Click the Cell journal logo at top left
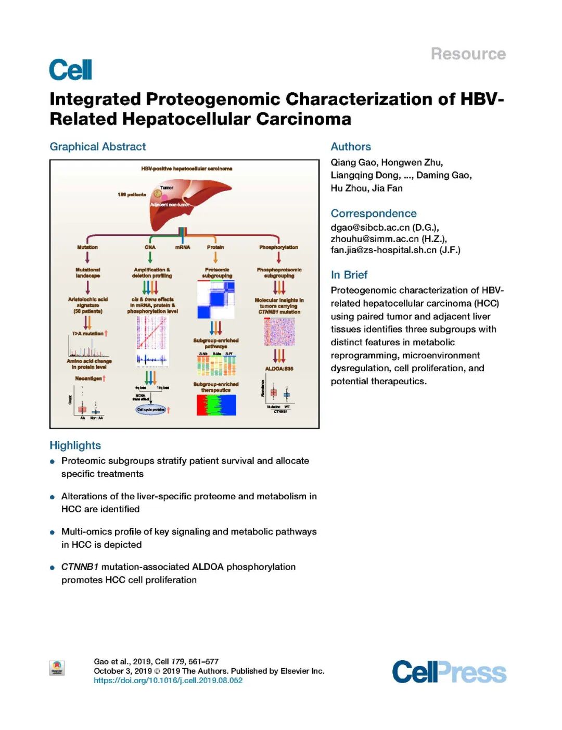(x=70, y=70)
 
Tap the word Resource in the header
(x=468, y=54)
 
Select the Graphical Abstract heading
(x=97, y=147)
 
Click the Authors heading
(x=351, y=147)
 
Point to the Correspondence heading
(x=373, y=213)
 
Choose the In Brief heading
(x=349, y=275)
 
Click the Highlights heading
(x=75, y=446)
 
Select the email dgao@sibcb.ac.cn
(x=370, y=228)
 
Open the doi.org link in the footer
(x=168, y=681)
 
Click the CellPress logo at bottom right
(x=449, y=672)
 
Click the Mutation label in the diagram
(x=87, y=247)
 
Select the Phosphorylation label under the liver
(x=278, y=247)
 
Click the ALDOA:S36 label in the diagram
(x=279, y=369)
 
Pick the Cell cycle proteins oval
(x=151, y=410)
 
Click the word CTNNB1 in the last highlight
(x=80, y=567)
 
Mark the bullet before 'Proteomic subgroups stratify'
(x=52, y=461)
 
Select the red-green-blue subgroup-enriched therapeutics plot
(x=216, y=405)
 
